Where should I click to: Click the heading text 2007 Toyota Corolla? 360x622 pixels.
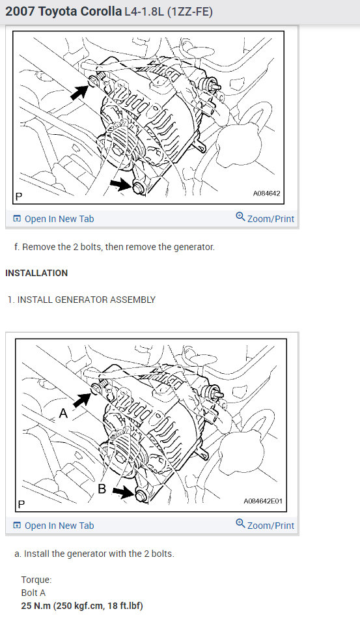[63, 12]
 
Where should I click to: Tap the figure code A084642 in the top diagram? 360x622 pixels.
[267, 194]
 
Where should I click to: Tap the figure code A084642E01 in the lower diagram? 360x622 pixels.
[263, 502]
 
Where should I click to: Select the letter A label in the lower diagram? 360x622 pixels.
[63, 412]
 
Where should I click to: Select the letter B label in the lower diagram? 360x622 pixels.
[102, 488]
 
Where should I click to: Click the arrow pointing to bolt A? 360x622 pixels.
[82, 399]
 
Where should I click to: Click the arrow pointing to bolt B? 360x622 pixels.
[123, 493]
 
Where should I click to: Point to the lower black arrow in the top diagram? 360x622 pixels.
[121, 186]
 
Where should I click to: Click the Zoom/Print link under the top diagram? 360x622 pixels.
[265, 218]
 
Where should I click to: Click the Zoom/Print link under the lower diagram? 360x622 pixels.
[265, 525]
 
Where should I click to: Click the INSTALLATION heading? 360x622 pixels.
[36, 273]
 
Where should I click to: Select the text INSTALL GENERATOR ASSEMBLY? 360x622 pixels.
[87, 300]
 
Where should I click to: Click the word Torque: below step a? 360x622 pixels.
[36, 580]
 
